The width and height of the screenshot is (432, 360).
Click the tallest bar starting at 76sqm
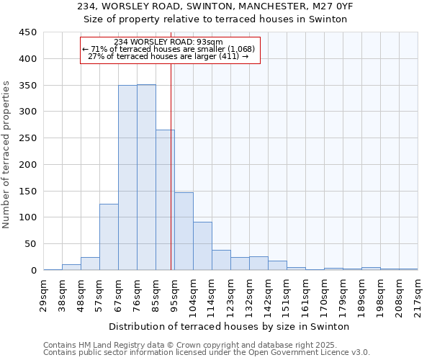(x=146, y=177)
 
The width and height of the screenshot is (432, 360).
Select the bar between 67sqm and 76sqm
(x=127, y=177)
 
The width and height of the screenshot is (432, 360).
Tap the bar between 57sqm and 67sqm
(x=109, y=237)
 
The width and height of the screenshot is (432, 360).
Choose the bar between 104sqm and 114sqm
(x=202, y=246)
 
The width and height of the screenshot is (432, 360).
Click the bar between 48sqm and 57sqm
(x=90, y=264)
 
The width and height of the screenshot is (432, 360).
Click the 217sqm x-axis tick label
(x=418, y=293)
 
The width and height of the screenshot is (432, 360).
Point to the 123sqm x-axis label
(x=231, y=293)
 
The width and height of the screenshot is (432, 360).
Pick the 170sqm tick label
(x=325, y=293)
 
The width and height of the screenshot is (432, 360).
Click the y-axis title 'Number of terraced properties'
(x=6, y=155)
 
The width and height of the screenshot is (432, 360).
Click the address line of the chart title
(x=215, y=6)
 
